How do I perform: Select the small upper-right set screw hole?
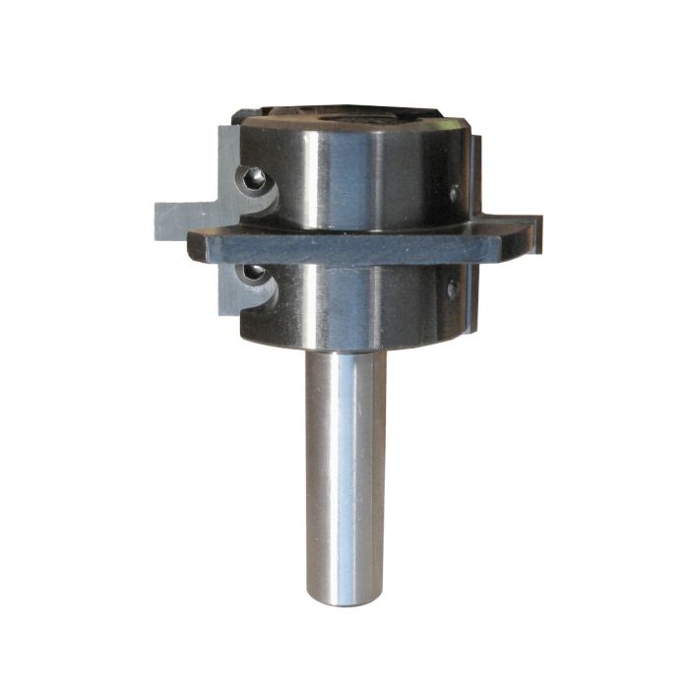coord(454,193)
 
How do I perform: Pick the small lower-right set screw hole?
coord(452,289)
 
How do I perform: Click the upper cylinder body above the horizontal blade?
coord(344,177)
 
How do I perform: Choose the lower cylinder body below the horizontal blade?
coord(344,305)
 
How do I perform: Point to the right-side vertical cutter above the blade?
coord(473,177)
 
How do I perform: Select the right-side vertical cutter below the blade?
coord(470,295)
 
